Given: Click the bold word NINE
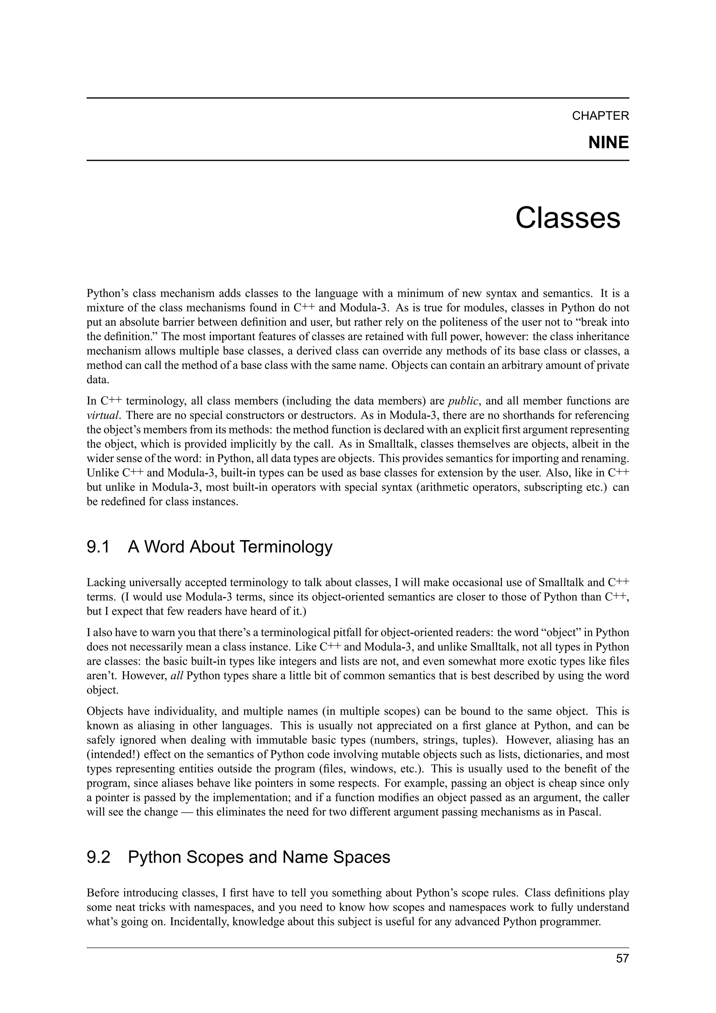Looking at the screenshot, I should pos(608,142).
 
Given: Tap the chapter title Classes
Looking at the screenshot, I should pos(567,218).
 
